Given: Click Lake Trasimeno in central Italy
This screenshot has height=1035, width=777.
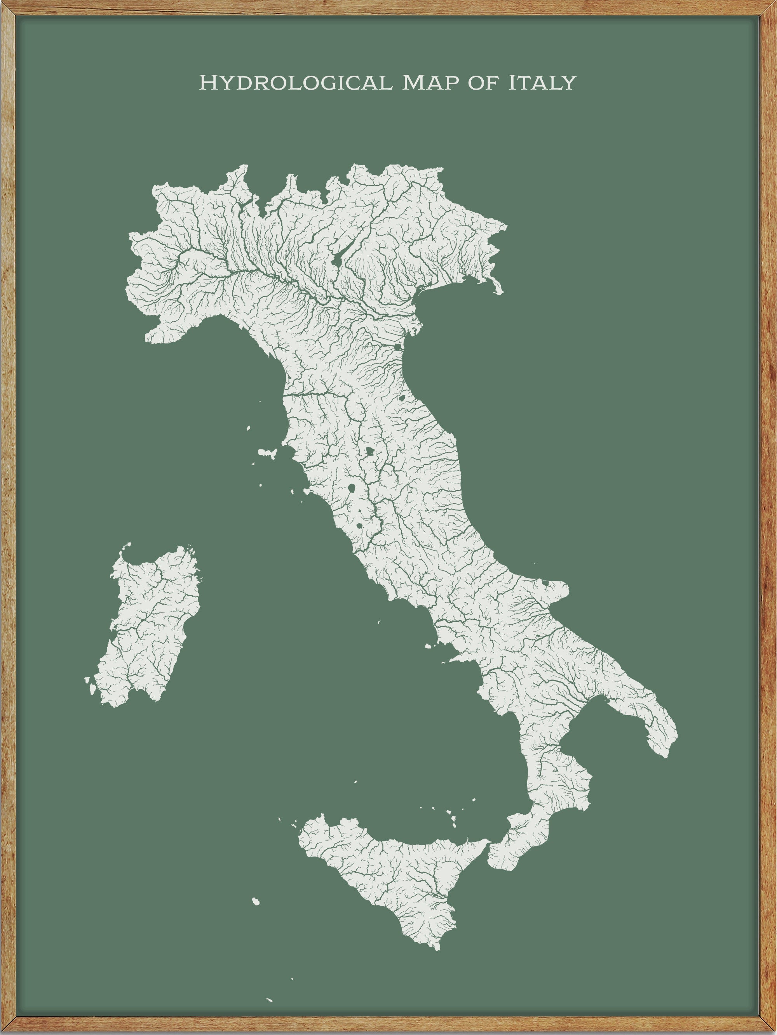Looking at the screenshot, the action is point(370,451).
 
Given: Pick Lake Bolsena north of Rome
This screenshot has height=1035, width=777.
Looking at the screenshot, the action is point(351,489).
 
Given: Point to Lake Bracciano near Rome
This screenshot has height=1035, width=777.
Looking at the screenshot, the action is point(359,525).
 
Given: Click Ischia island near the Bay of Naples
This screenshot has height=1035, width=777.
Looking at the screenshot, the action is point(428,647).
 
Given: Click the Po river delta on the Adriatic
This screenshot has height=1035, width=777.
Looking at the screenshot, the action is point(412,323).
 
